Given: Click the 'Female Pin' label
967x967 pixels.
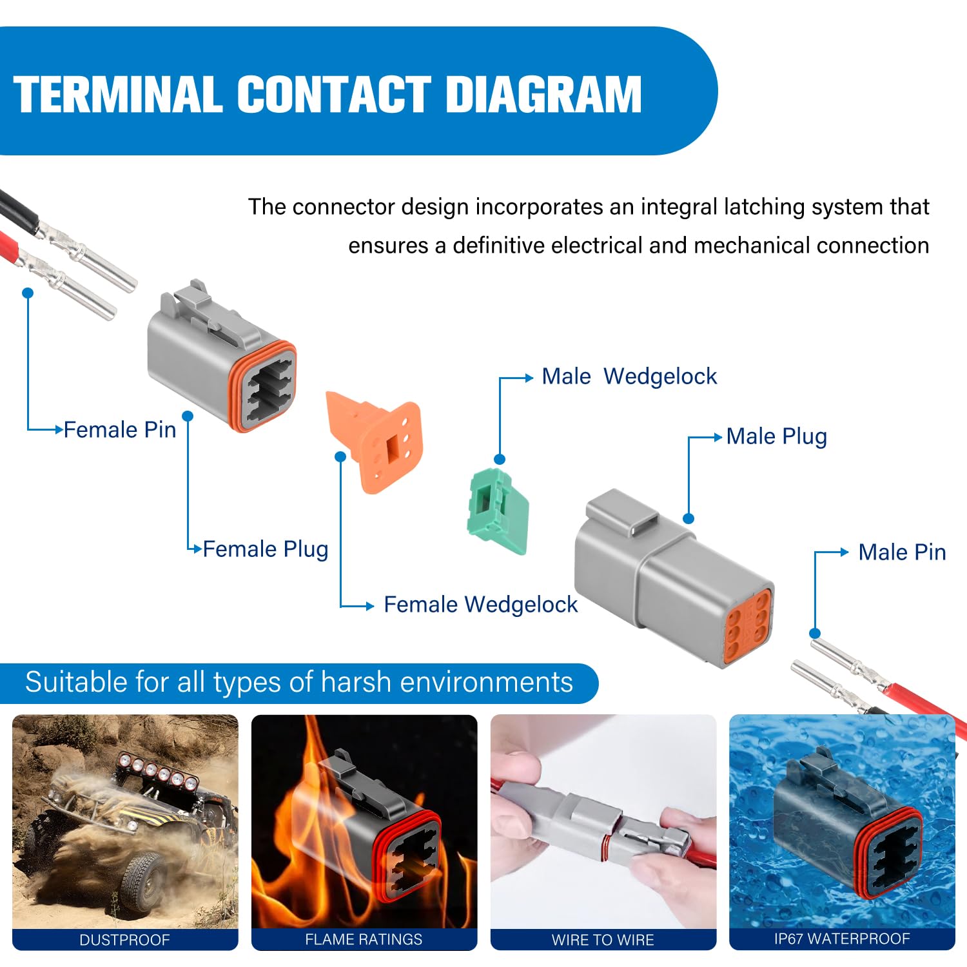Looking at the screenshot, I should pos(120,429).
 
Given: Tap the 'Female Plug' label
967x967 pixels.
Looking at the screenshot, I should pos(266,549).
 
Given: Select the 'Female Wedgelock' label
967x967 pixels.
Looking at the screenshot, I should pos(481,605).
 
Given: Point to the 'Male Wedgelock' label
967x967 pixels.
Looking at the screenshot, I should pos(629,376).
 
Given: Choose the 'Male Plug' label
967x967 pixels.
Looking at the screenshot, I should pos(776,436).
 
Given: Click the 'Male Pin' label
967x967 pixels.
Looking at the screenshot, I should pos(902,552).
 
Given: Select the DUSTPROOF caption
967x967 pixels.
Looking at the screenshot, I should pos(124,940).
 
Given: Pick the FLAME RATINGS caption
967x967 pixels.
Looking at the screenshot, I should pos(364,940).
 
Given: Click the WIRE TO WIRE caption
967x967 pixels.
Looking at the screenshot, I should pos(603,940).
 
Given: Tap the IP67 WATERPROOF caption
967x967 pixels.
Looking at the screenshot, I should pos(842,939).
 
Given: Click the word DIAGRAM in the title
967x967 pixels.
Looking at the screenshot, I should pos(543,95).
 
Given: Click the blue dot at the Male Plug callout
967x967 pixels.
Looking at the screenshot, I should pos(689,518).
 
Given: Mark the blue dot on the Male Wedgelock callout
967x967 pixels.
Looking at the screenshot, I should pos(500,460).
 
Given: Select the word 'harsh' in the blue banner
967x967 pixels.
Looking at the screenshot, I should pos(356,682).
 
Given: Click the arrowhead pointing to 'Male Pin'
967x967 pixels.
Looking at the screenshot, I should pos(845,552).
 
